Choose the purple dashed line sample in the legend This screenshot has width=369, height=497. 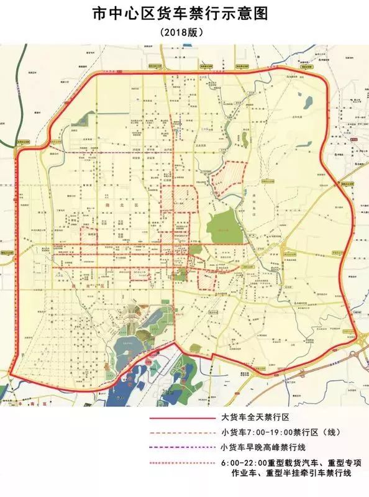[180, 447]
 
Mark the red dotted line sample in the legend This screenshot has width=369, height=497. [180, 463]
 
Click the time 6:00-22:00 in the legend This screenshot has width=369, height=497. [242, 463]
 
